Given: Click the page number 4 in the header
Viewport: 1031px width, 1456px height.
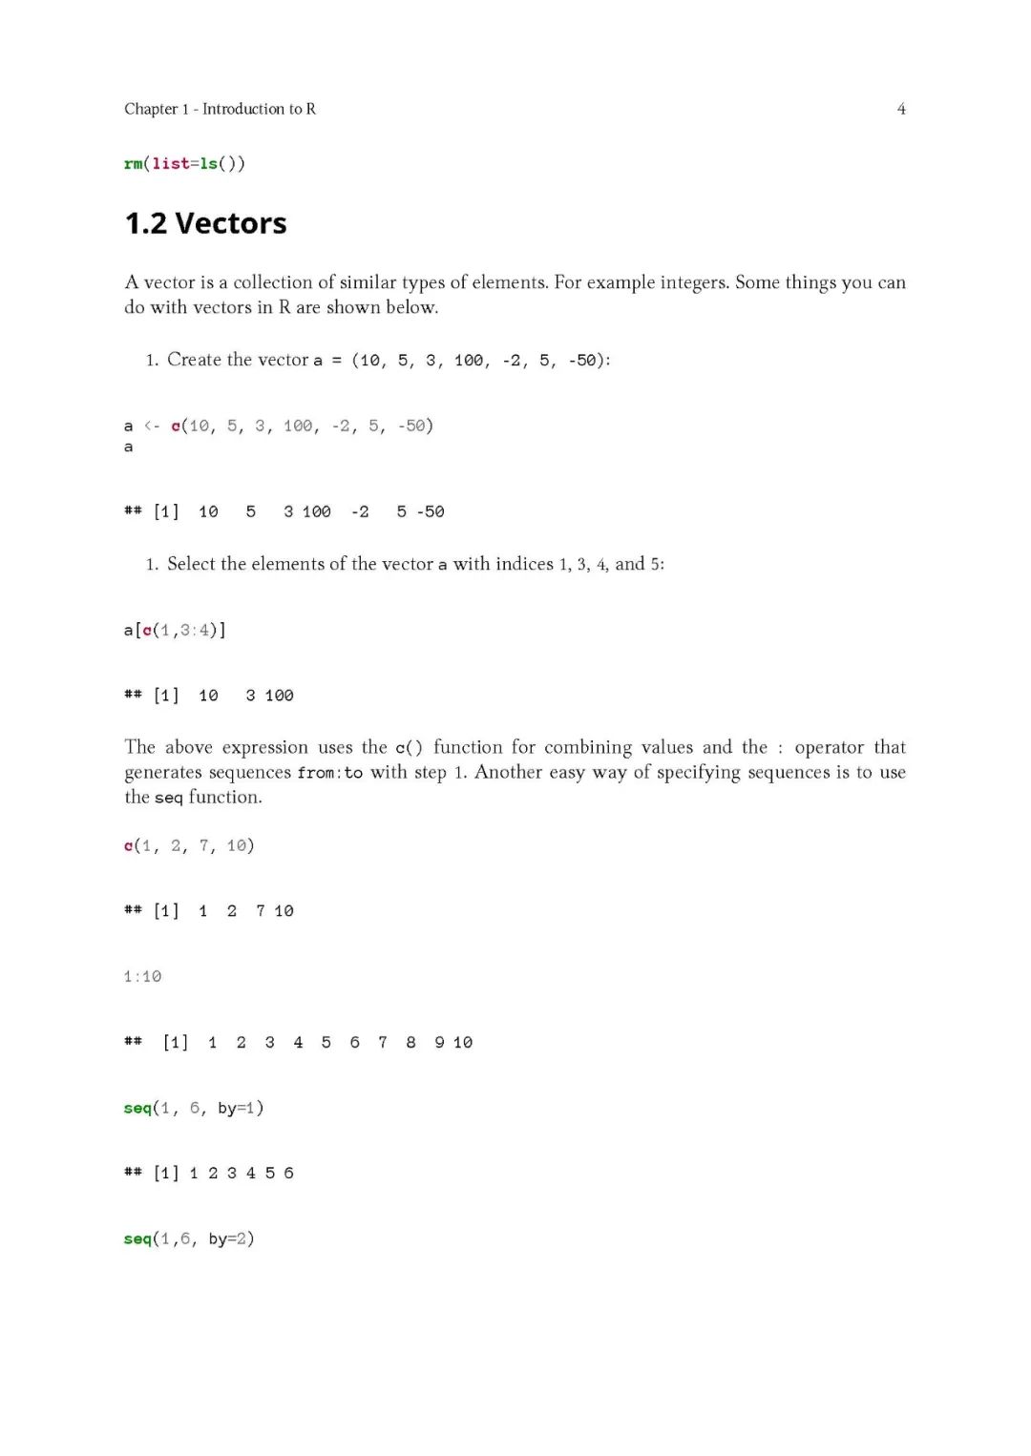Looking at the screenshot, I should [901, 109].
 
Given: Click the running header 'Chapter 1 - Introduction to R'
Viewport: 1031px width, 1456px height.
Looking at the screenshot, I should [220, 109].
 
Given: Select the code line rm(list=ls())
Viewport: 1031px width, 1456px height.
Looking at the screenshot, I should [184, 163].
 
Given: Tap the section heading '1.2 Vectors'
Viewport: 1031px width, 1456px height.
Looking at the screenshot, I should [205, 223].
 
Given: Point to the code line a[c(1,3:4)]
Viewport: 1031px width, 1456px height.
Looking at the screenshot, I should [175, 630].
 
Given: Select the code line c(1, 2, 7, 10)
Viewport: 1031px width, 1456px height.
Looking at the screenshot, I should [189, 845].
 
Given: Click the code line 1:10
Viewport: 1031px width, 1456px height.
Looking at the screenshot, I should [142, 976].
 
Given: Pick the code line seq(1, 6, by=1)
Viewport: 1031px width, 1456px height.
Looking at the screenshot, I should [194, 1108].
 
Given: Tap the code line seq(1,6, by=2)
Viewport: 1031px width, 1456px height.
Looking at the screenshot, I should [189, 1238].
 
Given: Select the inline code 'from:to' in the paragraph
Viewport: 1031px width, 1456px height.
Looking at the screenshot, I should [329, 773].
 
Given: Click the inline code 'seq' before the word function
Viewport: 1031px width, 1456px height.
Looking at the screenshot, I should [168, 798].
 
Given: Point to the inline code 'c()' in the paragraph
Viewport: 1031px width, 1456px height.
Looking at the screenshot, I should [409, 748].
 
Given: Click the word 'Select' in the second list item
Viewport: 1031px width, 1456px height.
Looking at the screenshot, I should [191, 564].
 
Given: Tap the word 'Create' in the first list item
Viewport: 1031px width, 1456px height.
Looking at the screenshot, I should [194, 360].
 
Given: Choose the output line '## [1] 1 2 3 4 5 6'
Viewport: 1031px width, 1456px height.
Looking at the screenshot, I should [208, 1173].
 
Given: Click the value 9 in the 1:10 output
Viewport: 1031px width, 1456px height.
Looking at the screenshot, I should [439, 1042].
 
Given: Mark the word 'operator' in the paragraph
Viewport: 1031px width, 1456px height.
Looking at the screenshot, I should [829, 747].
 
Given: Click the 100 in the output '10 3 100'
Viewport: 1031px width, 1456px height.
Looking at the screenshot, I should [279, 696].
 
